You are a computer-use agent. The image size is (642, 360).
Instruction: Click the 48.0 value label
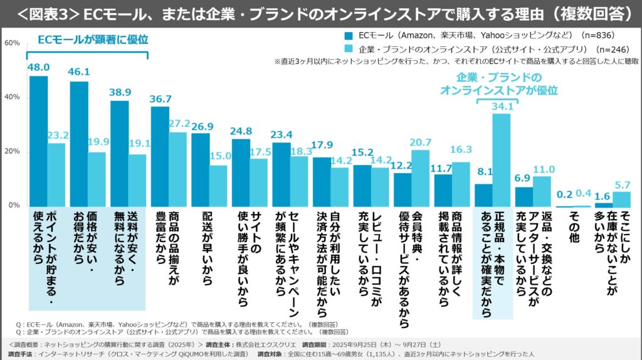pyautogui.click(x=38, y=67)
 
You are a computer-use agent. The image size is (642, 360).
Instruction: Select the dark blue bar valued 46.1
pyautogui.click(x=79, y=144)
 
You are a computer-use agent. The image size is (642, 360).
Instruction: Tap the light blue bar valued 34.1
pyautogui.click(x=501, y=161)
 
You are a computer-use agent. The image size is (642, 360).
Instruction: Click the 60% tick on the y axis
pyautogui.click(x=12, y=43)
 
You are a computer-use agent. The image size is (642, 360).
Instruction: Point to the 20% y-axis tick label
pyautogui.click(x=12, y=152)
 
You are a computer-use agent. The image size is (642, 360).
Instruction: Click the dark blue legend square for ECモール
pyautogui.click(x=349, y=35)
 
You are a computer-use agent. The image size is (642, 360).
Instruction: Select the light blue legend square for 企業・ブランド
pyautogui.click(x=349, y=49)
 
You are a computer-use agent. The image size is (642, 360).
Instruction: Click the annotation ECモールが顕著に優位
pyautogui.click(x=93, y=40)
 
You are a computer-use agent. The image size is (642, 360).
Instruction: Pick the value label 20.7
pyautogui.click(x=420, y=142)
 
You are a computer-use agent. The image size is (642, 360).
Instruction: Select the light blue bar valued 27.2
pyautogui.click(x=178, y=169)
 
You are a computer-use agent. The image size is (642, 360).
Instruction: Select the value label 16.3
pyautogui.click(x=461, y=149)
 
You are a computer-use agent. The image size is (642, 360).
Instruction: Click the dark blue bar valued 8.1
pyautogui.click(x=483, y=195)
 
